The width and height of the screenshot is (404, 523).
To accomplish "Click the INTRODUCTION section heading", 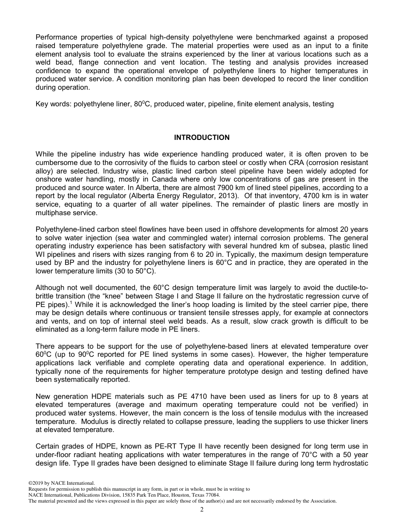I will click(202, 137).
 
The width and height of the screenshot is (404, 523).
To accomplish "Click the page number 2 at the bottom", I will click(202, 510).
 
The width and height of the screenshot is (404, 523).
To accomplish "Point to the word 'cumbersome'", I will click(56, 162).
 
